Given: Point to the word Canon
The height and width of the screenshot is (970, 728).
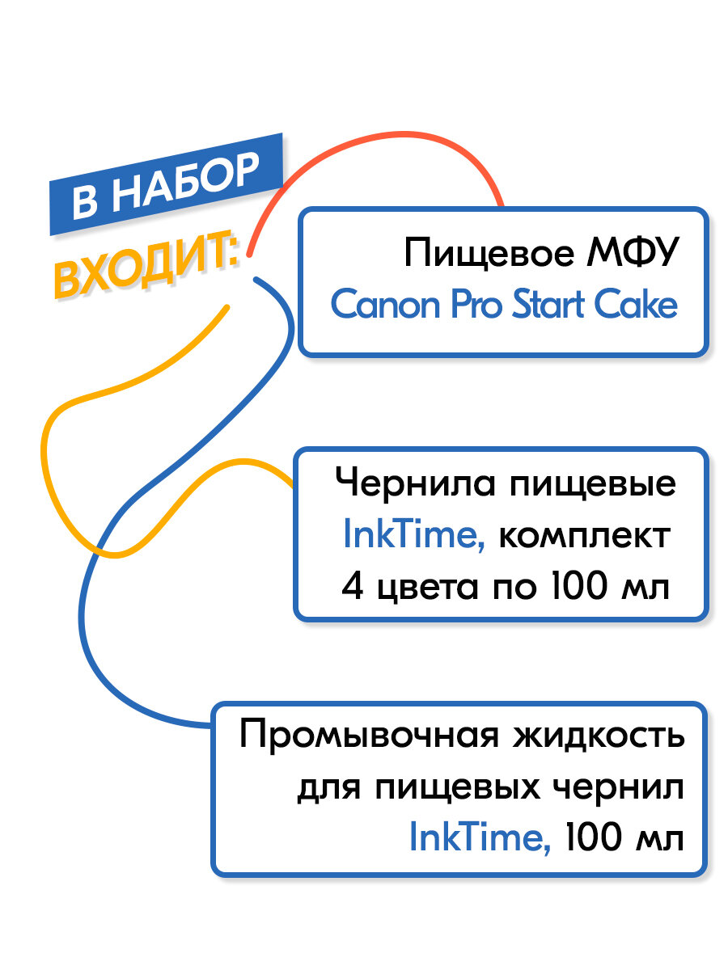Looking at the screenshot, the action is click(x=379, y=306).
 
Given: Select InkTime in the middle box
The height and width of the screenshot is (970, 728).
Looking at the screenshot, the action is click(x=413, y=535).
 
